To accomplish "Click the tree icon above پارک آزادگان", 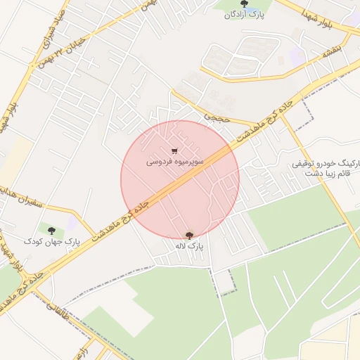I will [244, 4].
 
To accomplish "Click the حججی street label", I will [216, 115].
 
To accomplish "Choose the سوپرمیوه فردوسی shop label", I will [175, 162].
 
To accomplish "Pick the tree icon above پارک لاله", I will [188, 235].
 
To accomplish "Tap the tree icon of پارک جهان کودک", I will [51, 230].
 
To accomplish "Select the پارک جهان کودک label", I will [52, 241].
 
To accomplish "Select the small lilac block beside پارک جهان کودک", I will [72, 223].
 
